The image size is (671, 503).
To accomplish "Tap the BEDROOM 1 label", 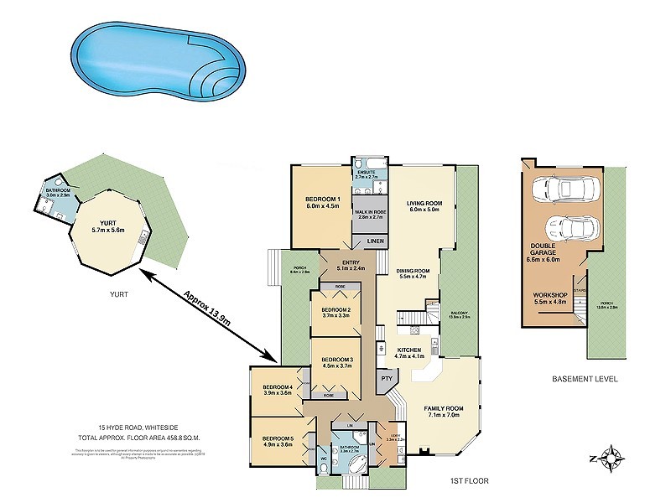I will [x=321, y=199].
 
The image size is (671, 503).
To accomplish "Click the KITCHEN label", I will [x=408, y=350].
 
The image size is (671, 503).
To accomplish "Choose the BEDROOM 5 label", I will [x=277, y=438].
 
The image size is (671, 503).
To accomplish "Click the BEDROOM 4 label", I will [x=278, y=386].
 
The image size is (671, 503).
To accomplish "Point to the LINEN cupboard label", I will [x=376, y=242].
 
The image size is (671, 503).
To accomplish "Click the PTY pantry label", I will [x=386, y=378].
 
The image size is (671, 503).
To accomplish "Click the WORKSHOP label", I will [x=549, y=296].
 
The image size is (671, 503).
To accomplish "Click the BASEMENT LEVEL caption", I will [x=585, y=379].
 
